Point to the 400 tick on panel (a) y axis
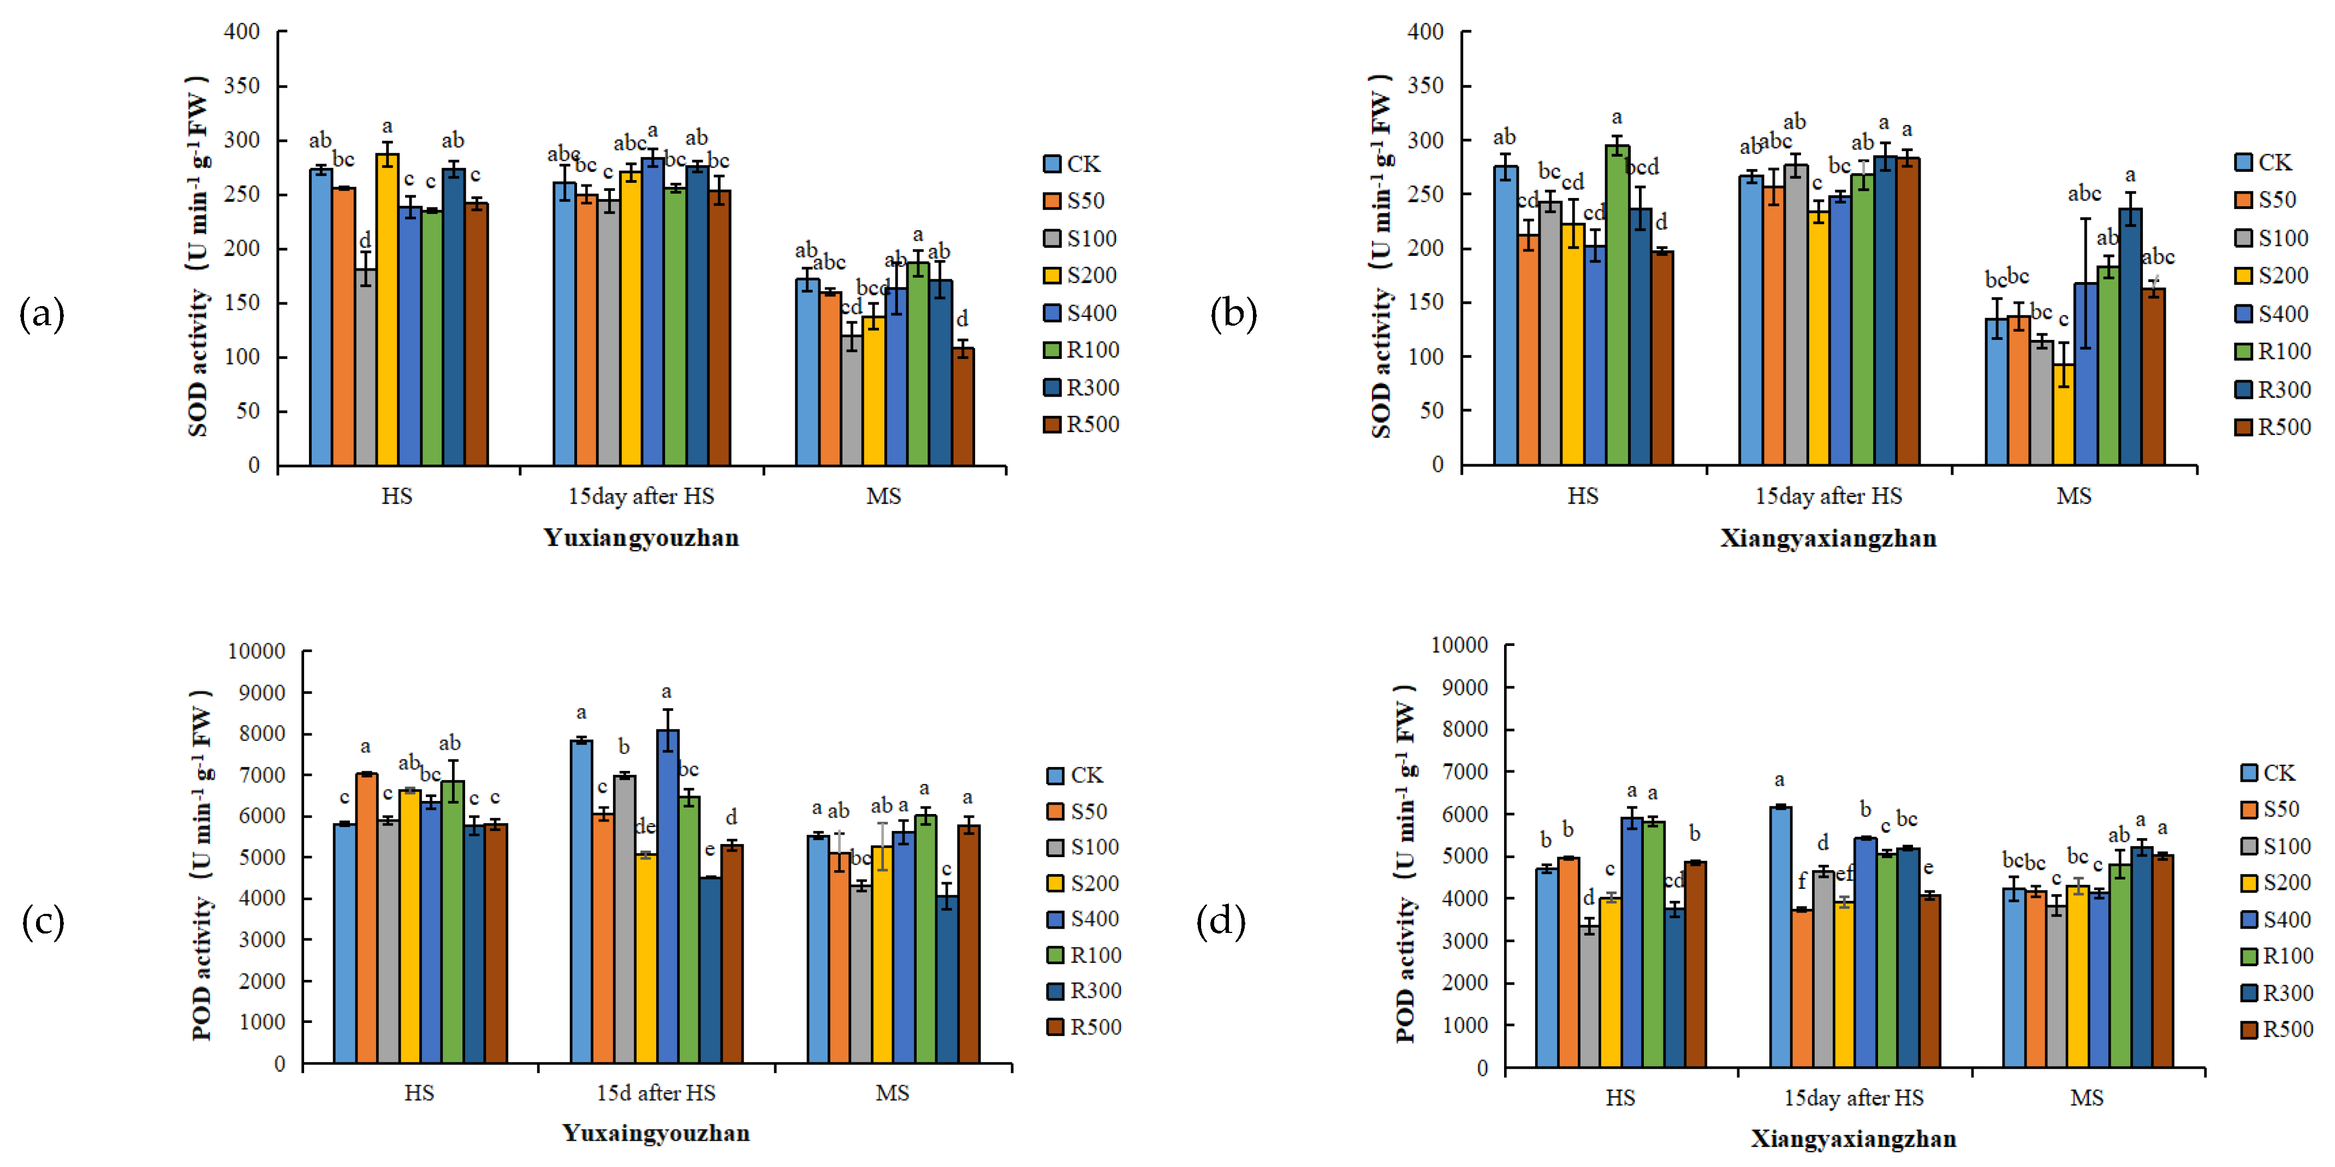point(242,32)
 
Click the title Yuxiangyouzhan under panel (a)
point(641,538)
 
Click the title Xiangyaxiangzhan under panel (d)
point(1853,1139)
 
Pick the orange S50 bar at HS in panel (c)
point(366,917)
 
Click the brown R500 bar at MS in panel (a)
point(962,407)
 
